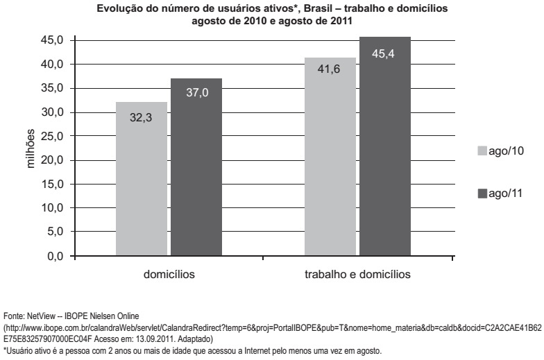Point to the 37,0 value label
tap(196, 94)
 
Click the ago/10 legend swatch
tap(482, 150)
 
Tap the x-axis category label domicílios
tap(169, 274)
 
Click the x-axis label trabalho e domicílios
tap(357, 274)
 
